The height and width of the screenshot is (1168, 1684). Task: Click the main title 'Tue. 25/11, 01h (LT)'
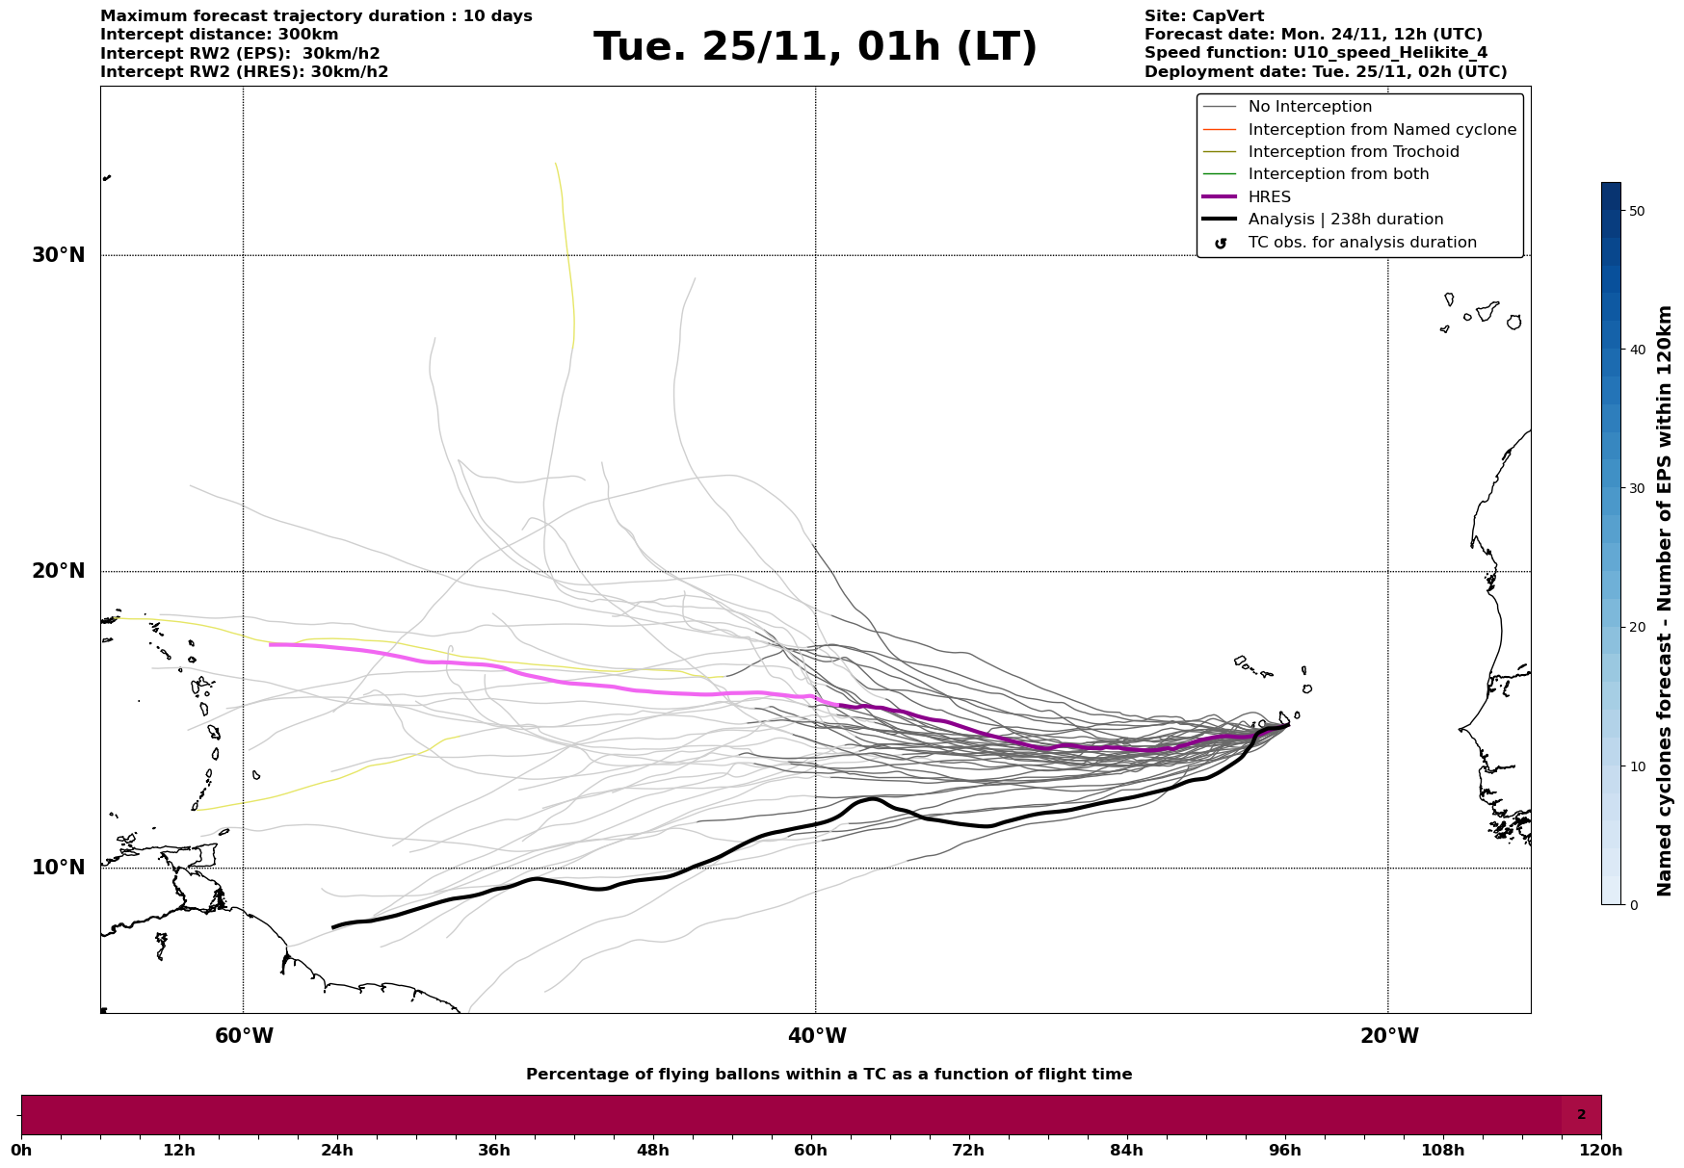[x=815, y=47]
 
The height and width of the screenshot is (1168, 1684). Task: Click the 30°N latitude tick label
[x=58, y=255]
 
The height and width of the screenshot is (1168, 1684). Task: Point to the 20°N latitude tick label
[x=58, y=571]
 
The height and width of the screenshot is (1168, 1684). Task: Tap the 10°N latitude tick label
[x=58, y=868]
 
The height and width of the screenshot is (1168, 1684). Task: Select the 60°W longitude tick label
[x=244, y=1036]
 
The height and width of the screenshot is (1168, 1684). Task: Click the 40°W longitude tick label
[x=817, y=1036]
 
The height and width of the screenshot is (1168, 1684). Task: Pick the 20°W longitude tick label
[x=1389, y=1036]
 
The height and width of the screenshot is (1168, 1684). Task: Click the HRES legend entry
[x=1269, y=197]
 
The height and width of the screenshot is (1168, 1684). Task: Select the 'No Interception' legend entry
[x=1309, y=107]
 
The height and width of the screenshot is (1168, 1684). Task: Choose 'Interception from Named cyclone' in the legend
[x=1381, y=130]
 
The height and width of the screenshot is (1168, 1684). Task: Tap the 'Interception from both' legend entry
[x=1338, y=174]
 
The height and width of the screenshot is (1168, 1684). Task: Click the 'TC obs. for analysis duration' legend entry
[x=1361, y=243]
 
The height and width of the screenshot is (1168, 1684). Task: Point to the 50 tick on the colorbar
[x=1637, y=211]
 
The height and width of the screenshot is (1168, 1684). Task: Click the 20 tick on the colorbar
[x=1637, y=627]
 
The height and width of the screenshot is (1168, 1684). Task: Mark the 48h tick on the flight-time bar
[x=652, y=1150]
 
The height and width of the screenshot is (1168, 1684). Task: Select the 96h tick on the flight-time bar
[x=1284, y=1150]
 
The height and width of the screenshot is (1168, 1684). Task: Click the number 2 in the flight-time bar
[x=1581, y=1115]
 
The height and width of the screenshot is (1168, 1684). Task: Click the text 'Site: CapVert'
[x=1204, y=16]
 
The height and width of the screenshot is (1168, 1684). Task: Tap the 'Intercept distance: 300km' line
[x=220, y=35]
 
